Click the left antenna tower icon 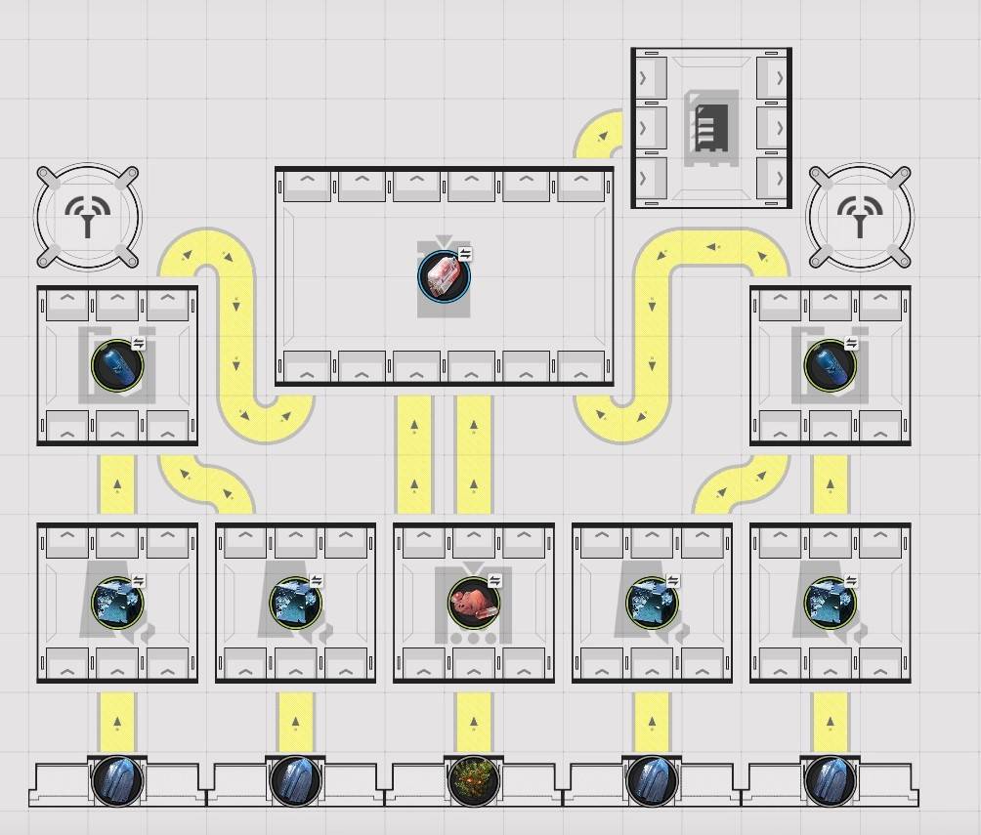click(x=87, y=217)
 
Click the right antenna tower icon click(x=860, y=217)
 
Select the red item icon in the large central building click(x=444, y=276)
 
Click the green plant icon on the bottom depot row click(x=474, y=782)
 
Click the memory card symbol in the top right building click(x=711, y=127)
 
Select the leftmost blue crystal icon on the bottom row click(x=117, y=782)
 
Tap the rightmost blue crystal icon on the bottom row click(x=830, y=782)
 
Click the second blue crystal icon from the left click(x=295, y=782)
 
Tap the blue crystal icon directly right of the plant click(x=652, y=782)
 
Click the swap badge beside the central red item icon click(x=465, y=254)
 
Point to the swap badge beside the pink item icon click(x=494, y=581)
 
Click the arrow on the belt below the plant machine click(x=474, y=723)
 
